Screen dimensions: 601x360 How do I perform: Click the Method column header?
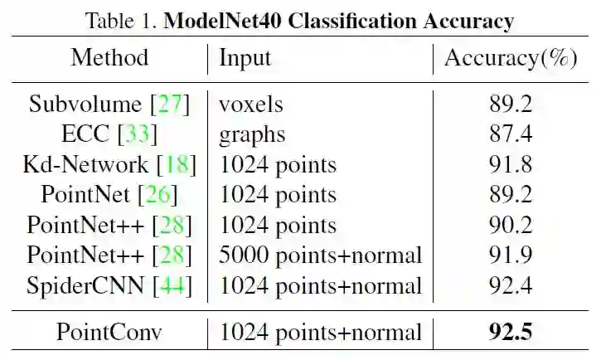(109, 58)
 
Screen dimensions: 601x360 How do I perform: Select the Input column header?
(245, 58)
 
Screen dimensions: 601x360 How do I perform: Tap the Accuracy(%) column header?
(511, 58)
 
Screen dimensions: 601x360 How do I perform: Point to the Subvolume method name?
(85, 104)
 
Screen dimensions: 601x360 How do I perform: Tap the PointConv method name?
(109, 333)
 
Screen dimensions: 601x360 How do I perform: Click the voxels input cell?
(250, 104)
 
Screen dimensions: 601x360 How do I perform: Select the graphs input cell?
(252, 134)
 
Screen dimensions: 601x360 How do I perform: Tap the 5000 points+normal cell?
(320, 256)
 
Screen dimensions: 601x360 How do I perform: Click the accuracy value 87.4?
(510, 134)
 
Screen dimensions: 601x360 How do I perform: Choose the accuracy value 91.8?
(510, 164)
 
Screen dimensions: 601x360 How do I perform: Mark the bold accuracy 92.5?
(510, 333)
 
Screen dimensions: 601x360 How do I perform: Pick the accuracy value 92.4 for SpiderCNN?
(510, 286)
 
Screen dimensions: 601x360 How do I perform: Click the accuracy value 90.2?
(510, 226)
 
